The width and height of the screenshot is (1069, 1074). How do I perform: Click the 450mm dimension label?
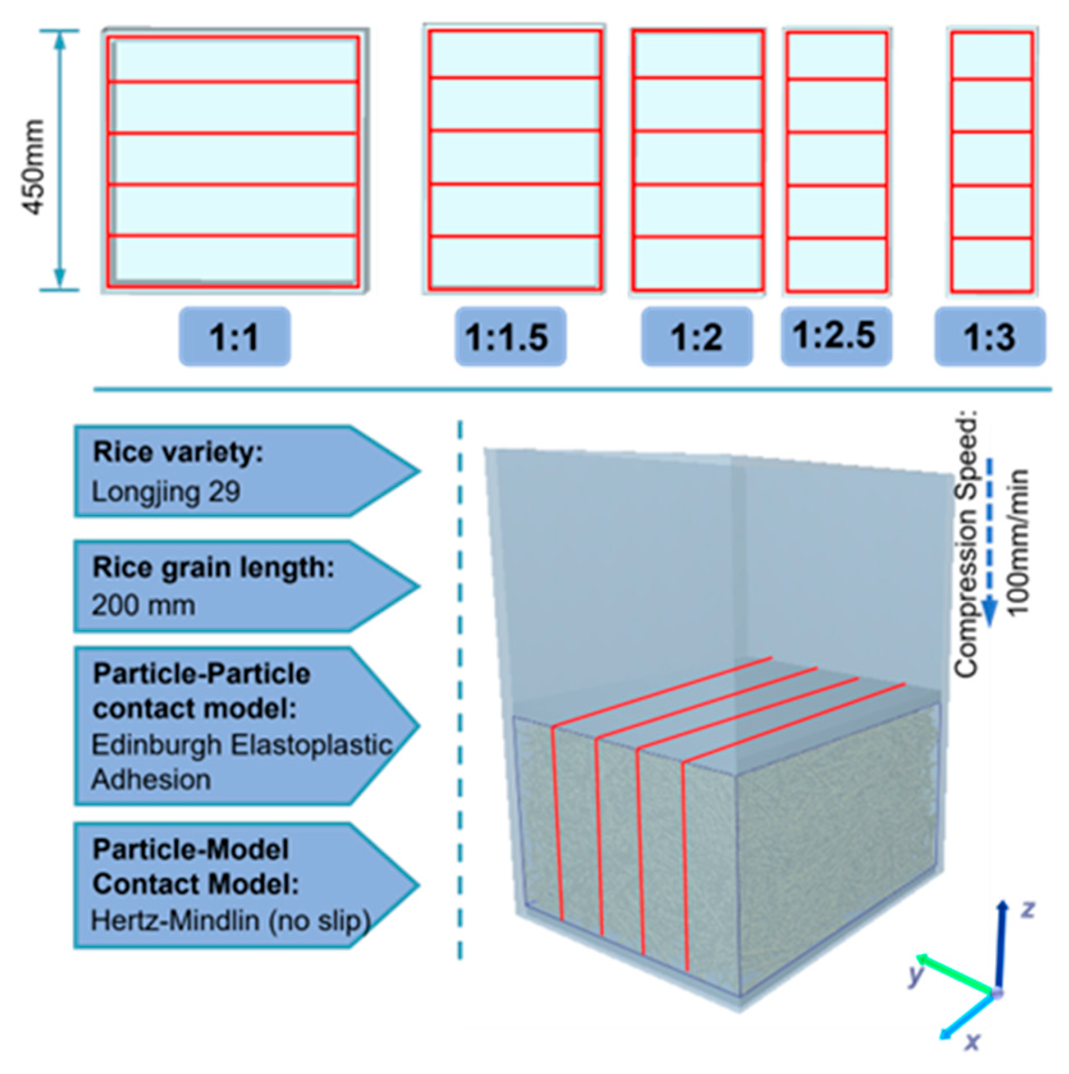coord(34,167)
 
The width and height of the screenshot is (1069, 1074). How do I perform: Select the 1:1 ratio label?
coord(234,337)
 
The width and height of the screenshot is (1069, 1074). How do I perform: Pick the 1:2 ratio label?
coord(697,337)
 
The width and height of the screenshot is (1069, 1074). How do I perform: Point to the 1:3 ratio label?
coord(989,337)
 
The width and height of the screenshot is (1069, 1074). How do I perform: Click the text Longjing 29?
coord(166,492)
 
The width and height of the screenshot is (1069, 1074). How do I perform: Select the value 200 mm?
coord(143,605)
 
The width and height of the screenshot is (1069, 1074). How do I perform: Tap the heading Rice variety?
coord(178,452)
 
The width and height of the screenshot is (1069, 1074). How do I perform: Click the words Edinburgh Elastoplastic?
coord(242,745)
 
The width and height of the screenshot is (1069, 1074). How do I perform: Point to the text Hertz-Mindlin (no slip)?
coord(230,920)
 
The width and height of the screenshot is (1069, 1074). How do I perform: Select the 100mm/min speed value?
coord(1017,542)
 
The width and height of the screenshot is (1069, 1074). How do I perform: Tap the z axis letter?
coord(1028,910)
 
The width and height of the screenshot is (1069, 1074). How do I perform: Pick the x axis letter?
coord(972,1042)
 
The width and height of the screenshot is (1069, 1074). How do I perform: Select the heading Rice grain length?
coord(213,567)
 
